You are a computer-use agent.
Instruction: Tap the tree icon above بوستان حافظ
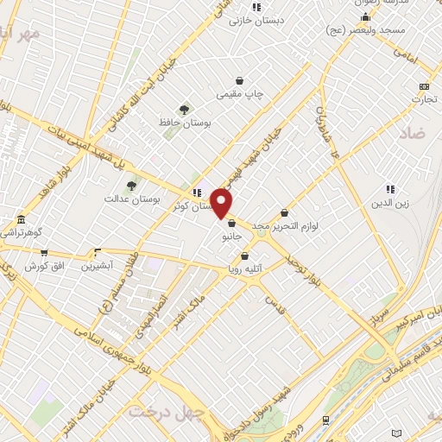183,110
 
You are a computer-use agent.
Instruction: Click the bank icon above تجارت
423,86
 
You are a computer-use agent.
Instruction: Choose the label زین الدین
390,204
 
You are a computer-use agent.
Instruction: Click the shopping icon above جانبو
231,224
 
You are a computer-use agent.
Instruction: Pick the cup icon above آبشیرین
97,254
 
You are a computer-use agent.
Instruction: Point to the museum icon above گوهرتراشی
21,219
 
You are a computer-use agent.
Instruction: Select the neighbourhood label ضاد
413,134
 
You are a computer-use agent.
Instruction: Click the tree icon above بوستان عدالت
131,185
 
